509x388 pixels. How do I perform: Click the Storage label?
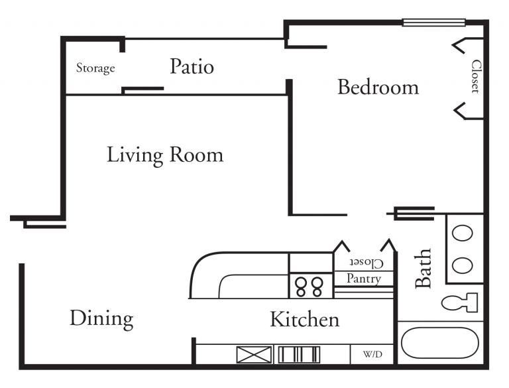(95, 68)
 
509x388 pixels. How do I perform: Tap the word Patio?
(192, 66)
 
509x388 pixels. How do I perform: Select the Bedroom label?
(378, 87)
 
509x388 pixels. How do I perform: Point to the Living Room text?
(165, 155)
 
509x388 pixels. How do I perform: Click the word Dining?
(101, 319)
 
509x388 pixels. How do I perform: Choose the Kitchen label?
(304, 320)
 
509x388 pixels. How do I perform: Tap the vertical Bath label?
(423, 269)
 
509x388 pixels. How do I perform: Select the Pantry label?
(363, 279)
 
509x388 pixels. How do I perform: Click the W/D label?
(372, 355)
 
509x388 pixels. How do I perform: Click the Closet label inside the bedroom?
(476, 77)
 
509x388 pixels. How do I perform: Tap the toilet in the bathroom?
(460, 302)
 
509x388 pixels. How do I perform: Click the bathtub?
(440, 343)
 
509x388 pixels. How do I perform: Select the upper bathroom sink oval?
(462, 233)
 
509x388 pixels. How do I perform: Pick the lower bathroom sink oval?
(462, 266)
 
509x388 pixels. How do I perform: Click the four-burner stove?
(309, 287)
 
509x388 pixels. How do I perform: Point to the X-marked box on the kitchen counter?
(254, 355)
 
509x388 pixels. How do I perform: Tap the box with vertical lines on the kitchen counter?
(298, 355)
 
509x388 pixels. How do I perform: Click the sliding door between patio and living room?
(142, 89)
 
